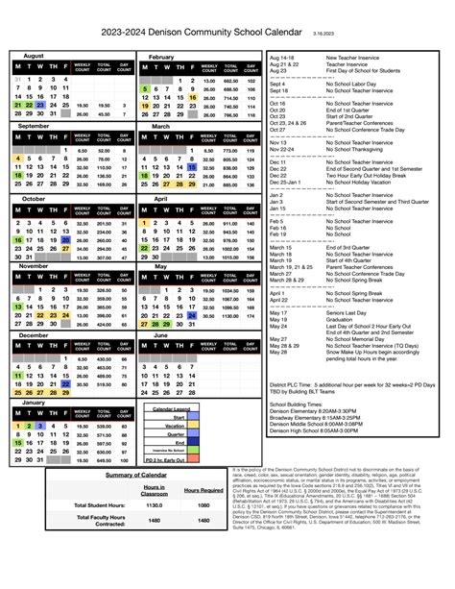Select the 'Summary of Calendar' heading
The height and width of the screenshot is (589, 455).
point(133,475)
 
